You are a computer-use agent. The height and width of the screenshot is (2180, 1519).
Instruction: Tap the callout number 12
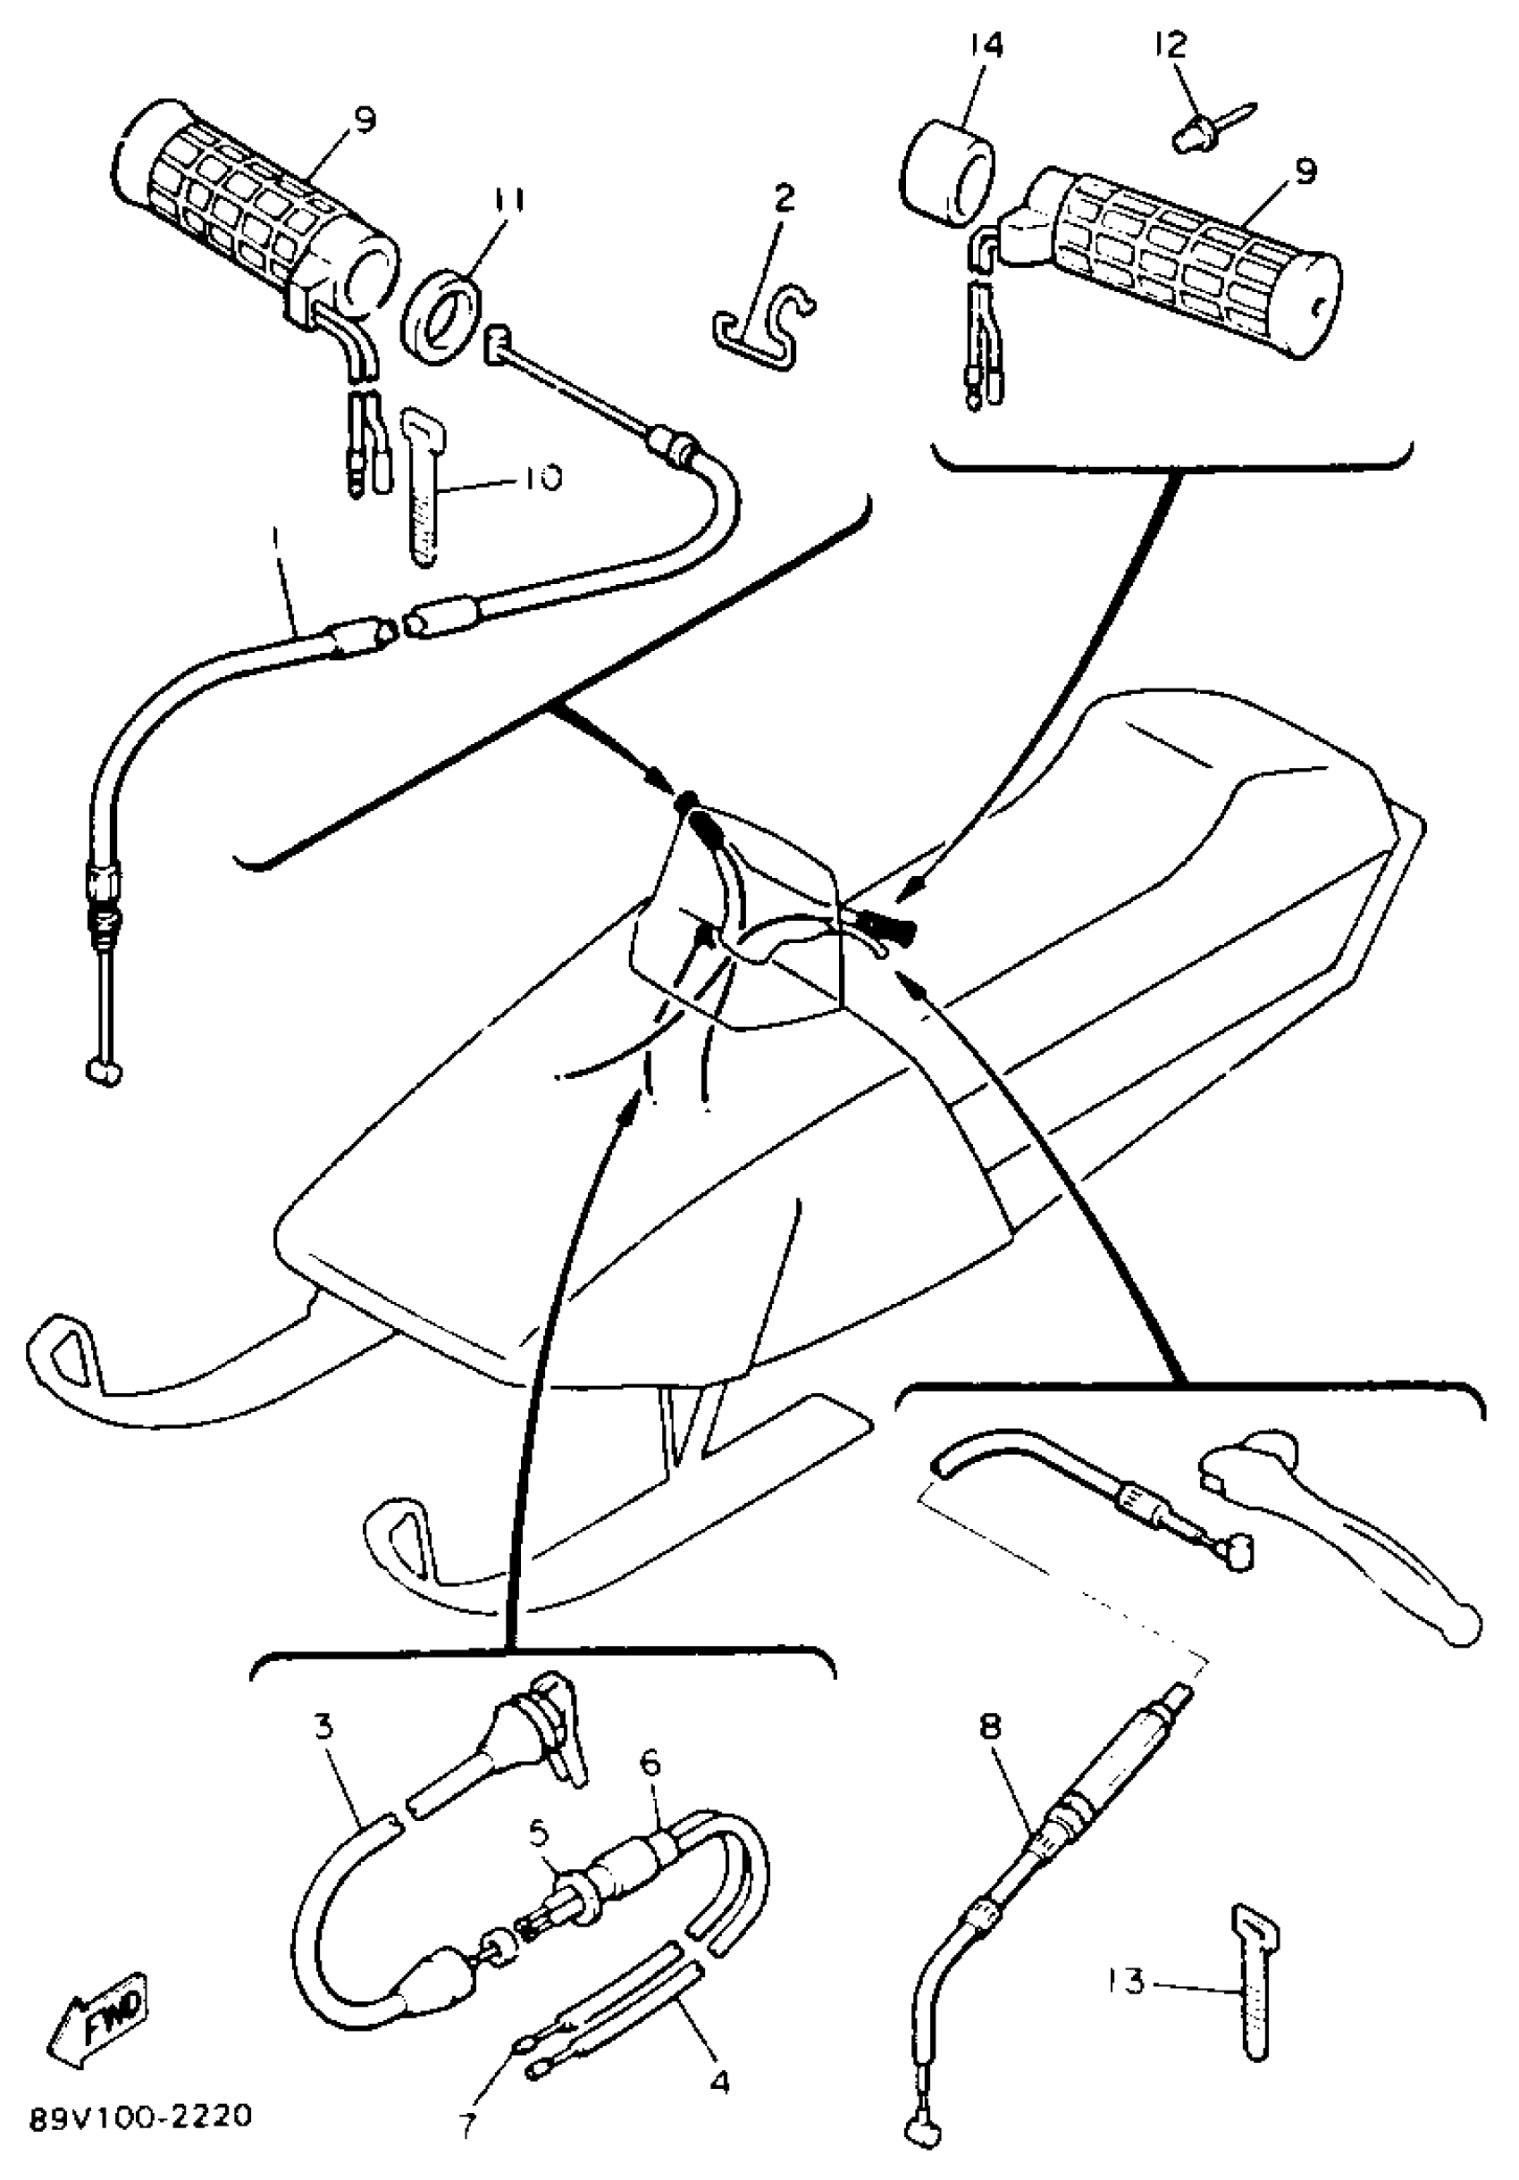click(1171, 46)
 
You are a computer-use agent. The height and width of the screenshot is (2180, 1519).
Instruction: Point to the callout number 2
click(785, 198)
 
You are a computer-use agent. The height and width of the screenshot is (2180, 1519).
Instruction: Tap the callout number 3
click(325, 1725)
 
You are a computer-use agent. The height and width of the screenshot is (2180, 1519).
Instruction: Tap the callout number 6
click(650, 1763)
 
